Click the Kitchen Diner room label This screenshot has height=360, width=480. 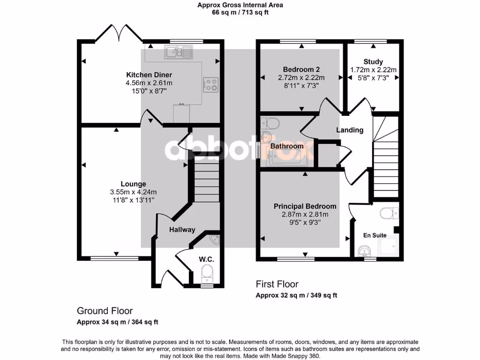[149, 75]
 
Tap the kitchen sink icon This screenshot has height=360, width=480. [178, 52]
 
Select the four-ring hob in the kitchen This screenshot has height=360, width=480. [210, 84]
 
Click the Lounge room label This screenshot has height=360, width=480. [133, 184]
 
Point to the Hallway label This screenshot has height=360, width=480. [182, 230]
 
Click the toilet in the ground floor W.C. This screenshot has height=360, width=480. [206, 272]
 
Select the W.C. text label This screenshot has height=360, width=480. [206, 259]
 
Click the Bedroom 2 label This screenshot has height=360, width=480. [301, 69]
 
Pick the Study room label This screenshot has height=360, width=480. [373, 61]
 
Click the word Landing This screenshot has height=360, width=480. [350, 130]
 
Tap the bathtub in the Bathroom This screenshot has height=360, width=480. [286, 157]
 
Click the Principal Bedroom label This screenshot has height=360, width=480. [305, 206]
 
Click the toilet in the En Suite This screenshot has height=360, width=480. [389, 214]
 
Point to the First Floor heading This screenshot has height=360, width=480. [277, 284]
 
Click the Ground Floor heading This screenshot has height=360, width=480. [105, 311]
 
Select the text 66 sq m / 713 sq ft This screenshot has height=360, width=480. [240, 13]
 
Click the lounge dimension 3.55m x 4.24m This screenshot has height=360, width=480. [133, 192]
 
